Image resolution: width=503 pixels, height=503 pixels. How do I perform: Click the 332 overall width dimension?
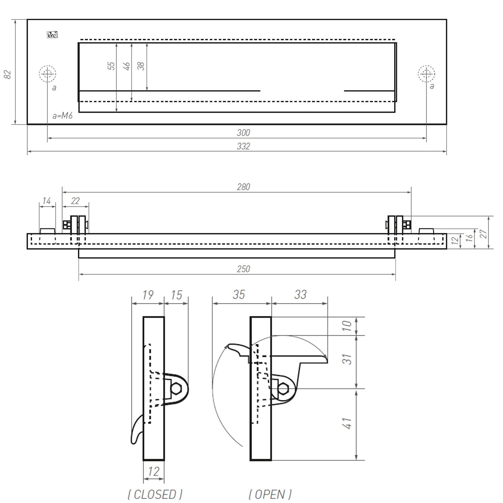(243, 147)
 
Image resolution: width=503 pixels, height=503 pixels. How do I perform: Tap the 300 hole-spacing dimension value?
(243, 133)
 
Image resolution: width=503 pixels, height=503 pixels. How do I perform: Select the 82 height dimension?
(7, 74)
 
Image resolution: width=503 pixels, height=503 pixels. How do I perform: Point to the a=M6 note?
(62, 116)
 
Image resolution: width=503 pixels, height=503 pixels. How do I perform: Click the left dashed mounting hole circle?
(47, 74)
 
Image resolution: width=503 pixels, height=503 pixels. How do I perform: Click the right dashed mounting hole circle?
(427, 74)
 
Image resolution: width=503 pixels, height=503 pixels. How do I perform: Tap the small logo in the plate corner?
(52, 35)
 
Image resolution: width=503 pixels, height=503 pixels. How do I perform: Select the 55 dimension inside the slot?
(111, 66)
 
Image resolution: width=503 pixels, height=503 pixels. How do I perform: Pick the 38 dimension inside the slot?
(141, 66)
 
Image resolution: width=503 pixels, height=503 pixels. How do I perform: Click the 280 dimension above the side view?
(243, 187)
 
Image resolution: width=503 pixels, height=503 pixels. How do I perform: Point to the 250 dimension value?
(243, 269)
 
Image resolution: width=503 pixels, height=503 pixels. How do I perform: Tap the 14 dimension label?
(46, 201)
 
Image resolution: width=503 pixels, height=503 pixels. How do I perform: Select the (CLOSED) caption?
(155, 494)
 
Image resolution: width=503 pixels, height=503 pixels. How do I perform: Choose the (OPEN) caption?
(270, 494)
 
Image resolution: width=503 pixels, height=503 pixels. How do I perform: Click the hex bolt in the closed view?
(176, 389)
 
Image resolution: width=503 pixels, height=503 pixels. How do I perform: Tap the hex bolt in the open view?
(283, 389)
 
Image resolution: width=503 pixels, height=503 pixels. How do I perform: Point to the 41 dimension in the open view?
(348, 423)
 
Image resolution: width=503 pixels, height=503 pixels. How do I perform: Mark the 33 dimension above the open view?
(300, 294)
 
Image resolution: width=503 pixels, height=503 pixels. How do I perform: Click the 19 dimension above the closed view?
(148, 295)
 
